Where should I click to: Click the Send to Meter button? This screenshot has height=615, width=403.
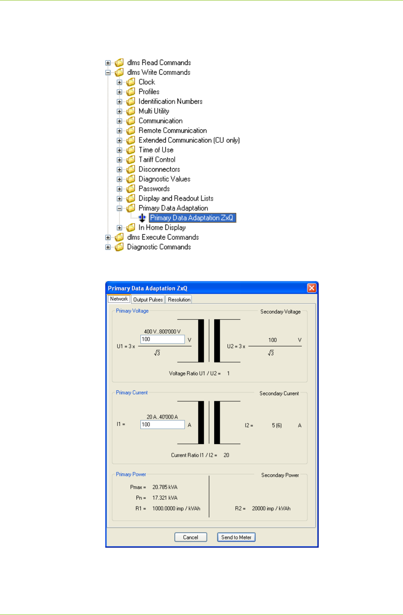[x=236, y=537]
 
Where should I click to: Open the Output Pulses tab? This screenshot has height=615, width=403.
[x=148, y=300]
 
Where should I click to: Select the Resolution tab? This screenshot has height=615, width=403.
[x=179, y=300]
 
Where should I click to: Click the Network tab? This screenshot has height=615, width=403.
[x=119, y=299]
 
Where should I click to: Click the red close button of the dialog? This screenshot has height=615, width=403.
[x=311, y=288]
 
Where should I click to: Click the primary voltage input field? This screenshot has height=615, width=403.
[x=162, y=340]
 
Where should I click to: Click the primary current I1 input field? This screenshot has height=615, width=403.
[x=162, y=425]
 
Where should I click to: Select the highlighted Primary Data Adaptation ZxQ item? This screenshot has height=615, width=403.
[x=192, y=218]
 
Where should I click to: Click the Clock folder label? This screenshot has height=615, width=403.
[x=147, y=82]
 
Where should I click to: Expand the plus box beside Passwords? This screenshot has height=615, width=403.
[x=119, y=189]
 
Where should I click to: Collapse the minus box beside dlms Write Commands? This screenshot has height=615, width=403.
[x=108, y=73]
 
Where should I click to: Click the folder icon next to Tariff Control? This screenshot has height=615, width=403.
[x=131, y=160]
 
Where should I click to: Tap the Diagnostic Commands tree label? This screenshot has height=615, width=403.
[x=159, y=247]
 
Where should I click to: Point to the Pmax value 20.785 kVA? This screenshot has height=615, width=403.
[x=165, y=487]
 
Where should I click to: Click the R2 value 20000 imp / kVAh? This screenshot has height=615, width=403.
[x=271, y=509]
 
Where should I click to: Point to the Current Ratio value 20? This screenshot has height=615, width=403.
[x=226, y=455]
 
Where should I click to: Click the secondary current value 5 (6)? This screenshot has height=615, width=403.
[x=277, y=425]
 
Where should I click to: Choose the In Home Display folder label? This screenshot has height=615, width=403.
[x=162, y=227]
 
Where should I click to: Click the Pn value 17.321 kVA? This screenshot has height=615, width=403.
[x=165, y=498]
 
